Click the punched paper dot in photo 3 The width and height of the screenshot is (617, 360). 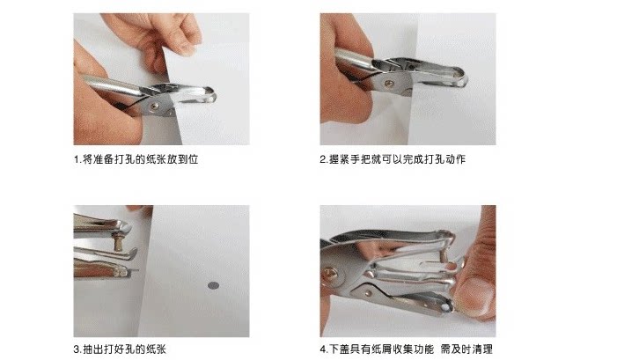213,285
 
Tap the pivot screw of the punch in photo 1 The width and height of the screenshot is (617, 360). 154,107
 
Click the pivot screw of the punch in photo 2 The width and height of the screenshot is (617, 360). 389,84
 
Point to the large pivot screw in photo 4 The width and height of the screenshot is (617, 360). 330,273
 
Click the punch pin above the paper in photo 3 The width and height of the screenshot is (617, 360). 118,241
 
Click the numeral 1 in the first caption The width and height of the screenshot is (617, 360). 77,159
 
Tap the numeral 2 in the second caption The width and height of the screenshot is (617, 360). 323,159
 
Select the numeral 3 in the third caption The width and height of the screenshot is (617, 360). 77,349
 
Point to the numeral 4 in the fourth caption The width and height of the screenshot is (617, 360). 323,349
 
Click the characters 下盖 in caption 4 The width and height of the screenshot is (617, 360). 339,349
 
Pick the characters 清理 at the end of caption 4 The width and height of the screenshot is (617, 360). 482,349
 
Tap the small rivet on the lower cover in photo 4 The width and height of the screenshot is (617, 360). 368,293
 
